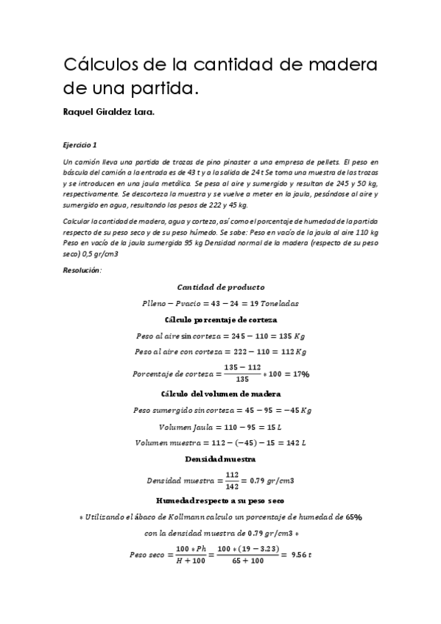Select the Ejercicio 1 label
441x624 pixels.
click(x=80, y=145)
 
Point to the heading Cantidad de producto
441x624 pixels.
click(x=221, y=287)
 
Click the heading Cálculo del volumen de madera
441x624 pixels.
click(x=221, y=394)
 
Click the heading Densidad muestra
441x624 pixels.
click(x=221, y=458)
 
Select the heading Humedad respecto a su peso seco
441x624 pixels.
click(x=221, y=500)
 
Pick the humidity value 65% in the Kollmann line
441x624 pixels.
click(x=353, y=517)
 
